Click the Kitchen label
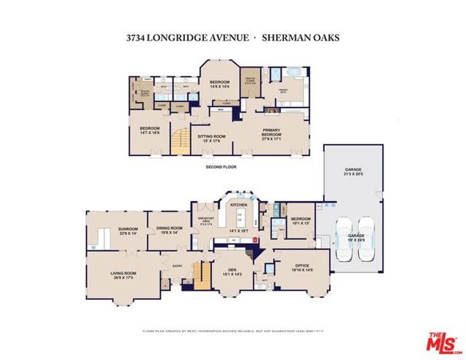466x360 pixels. click(x=238, y=204)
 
